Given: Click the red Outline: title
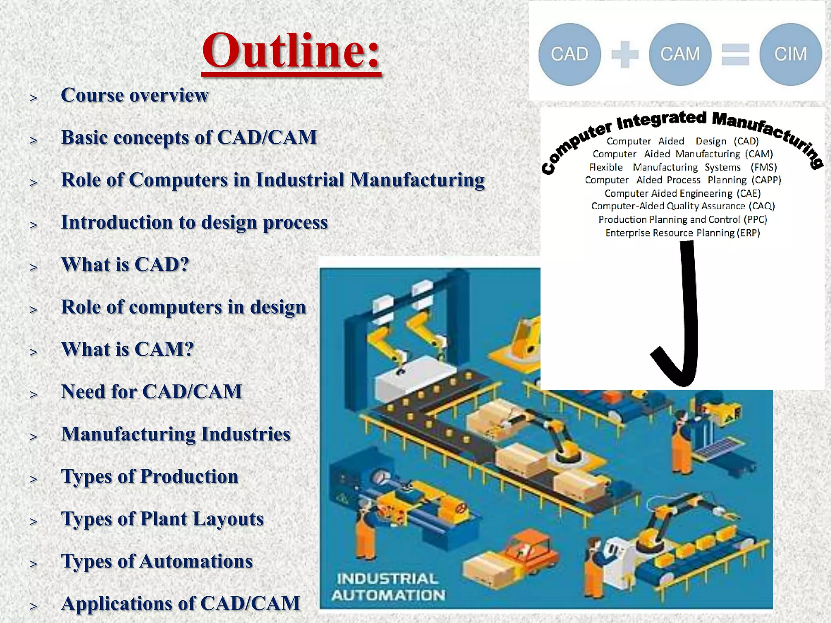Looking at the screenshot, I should click(291, 52).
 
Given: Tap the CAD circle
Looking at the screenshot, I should click(569, 54).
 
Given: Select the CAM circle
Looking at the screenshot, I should click(680, 54).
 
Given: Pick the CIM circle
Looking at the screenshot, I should click(790, 54).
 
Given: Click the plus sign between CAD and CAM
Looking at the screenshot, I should click(625, 54).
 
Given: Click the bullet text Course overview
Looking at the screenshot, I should click(134, 95).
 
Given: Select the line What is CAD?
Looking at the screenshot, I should click(125, 264).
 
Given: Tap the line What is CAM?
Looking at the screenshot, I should click(127, 349).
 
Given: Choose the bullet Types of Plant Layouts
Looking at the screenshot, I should click(162, 519).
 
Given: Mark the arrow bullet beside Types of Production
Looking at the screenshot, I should click(33, 479).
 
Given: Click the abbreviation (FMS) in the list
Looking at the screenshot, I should click(763, 167).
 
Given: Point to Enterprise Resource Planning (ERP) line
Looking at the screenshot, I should click(682, 233).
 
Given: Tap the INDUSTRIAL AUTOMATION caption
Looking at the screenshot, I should click(388, 587).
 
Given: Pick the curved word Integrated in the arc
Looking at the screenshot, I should click(661, 120).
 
